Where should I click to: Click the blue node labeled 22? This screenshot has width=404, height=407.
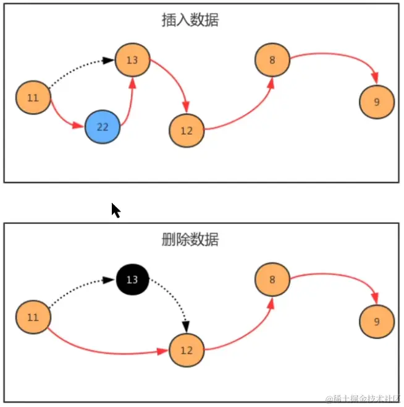[103, 127]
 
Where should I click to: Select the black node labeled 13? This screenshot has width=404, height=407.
[132, 280]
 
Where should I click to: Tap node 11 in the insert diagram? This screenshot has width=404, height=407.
[33, 98]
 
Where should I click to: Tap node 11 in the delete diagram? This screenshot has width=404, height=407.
[33, 317]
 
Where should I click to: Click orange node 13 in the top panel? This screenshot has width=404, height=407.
[132, 60]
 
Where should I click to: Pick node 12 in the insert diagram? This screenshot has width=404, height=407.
[187, 131]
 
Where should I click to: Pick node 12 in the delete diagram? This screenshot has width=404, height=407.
[187, 350]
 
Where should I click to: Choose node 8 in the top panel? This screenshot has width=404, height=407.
[272, 60]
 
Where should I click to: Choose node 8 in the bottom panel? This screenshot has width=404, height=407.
[272, 280]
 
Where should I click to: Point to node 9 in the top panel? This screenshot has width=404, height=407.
[377, 102]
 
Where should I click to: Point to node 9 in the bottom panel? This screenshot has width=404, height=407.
[377, 322]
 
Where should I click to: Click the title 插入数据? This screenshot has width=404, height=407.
[190, 20]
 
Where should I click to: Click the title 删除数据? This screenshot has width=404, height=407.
[190, 239]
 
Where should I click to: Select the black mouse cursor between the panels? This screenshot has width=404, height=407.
[115, 210]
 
